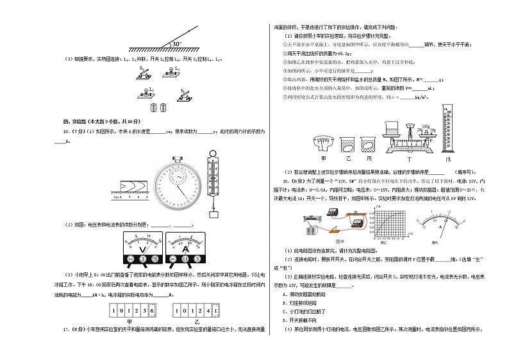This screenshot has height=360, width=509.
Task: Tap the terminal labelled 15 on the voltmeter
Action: coord(156,259)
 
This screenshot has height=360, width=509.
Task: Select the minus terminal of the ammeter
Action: coord(172,259)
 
